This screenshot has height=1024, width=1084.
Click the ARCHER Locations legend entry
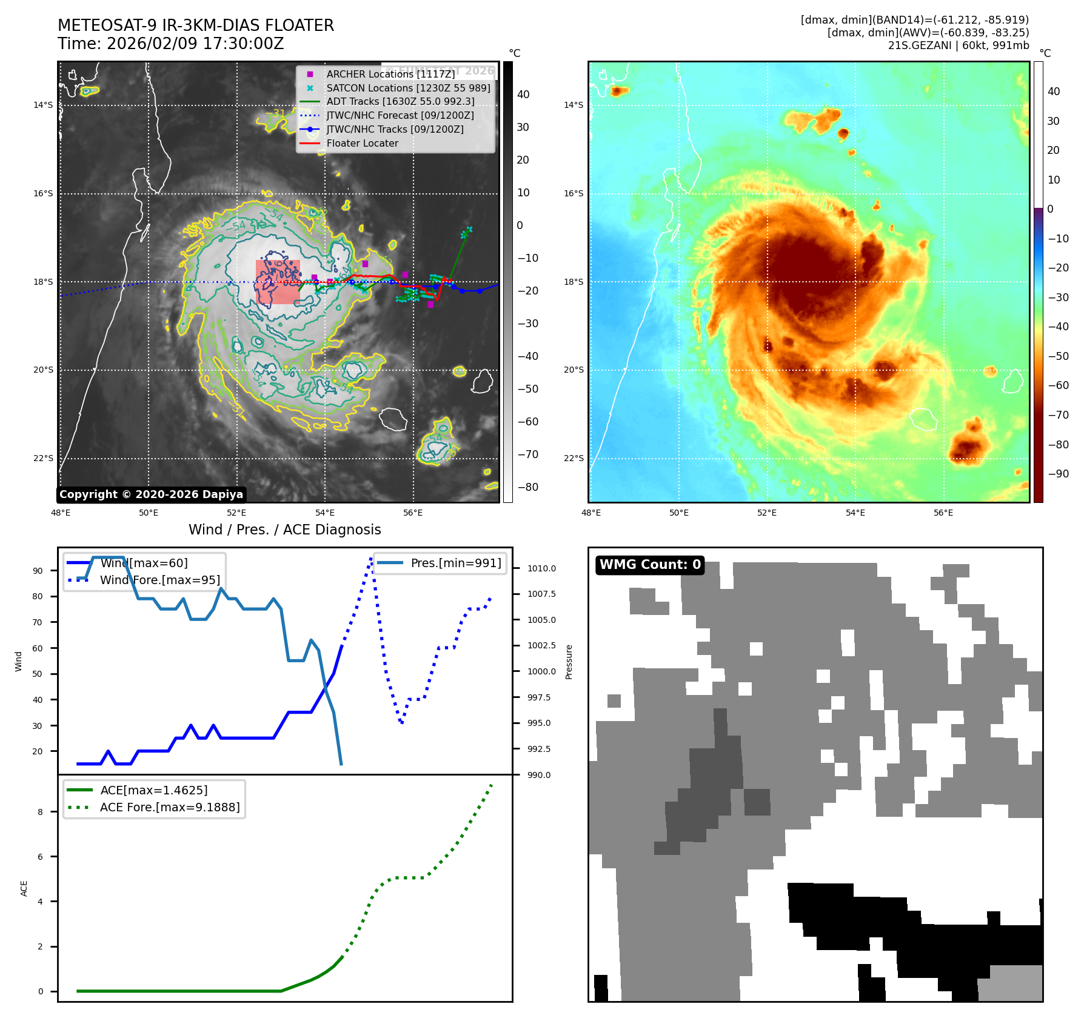390,74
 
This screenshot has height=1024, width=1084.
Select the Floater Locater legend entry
362,144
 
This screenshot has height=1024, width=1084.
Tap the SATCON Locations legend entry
408,88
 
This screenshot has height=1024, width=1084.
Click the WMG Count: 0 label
650,565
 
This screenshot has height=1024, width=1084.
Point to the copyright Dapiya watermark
151,494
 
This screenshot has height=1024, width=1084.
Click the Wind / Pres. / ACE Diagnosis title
285,530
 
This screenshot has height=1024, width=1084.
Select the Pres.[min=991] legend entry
455,563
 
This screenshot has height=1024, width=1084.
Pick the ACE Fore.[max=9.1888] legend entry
169,807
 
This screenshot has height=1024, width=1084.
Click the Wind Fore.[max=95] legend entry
159,580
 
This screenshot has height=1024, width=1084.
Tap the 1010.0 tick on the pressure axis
541,568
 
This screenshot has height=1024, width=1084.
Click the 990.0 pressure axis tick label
539,775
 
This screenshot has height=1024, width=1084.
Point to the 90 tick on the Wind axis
38,571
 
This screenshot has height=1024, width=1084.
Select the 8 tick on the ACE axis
41,812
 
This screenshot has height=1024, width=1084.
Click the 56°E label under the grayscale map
413,513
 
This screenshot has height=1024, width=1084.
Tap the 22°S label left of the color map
574,458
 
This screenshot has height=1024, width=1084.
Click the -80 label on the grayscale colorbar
527,487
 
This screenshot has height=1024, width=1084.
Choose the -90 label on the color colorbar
1058,474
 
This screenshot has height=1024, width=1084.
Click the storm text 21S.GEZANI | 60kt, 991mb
959,45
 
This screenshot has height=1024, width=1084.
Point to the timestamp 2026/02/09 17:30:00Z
195,44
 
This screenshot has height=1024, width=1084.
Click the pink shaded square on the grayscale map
278,282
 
